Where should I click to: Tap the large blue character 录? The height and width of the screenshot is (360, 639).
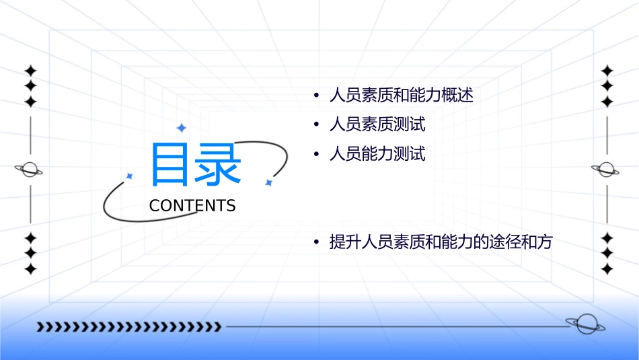(x=219, y=164)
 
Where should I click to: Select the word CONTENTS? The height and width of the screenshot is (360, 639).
(x=192, y=206)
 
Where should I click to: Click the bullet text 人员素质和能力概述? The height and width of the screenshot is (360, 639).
(x=401, y=95)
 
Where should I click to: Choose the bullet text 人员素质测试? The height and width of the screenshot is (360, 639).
(x=377, y=124)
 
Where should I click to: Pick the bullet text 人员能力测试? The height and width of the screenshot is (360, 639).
(x=377, y=154)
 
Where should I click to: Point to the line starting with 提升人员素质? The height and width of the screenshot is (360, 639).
(x=440, y=242)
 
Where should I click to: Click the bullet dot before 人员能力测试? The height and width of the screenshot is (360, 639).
(x=316, y=155)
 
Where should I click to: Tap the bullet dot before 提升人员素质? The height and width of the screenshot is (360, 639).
(x=316, y=243)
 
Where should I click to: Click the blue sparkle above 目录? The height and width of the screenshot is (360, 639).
(x=181, y=128)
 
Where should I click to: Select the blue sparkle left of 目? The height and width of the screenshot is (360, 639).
(x=130, y=176)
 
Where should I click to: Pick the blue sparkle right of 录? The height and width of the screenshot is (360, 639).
(x=268, y=182)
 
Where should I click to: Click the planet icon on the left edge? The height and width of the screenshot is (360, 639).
(x=29, y=170)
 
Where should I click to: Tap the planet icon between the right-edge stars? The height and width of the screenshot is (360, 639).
(x=606, y=170)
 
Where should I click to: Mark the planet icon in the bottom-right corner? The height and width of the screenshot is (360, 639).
(x=585, y=324)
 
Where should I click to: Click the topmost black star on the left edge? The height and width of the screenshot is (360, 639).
(x=30, y=71)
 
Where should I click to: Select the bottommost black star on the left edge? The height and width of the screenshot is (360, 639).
(x=30, y=269)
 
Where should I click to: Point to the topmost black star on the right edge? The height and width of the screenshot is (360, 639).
(x=607, y=71)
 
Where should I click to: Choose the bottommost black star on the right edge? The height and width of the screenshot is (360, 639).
(x=607, y=269)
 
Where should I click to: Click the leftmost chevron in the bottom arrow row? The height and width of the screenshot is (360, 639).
(x=41, y=327)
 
